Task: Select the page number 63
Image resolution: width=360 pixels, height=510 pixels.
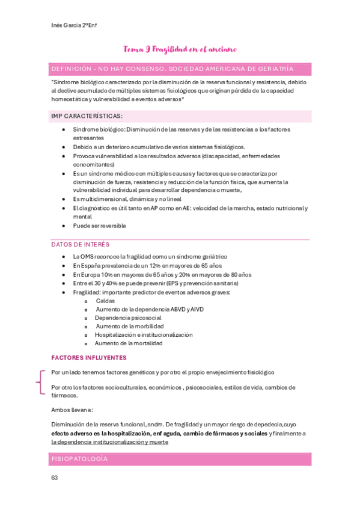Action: click(x=55, y=478)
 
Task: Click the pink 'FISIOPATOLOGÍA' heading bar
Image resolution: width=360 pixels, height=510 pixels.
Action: click(x=180, y=459)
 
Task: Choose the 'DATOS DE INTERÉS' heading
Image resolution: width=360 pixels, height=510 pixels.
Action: click(x=81, y=244)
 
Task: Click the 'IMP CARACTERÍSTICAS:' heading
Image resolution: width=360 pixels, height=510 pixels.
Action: click(x=87, y=115)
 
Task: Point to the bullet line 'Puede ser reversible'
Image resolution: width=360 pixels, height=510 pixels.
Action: click(x=99, y=226)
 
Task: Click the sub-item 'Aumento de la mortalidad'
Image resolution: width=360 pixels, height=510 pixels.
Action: click(x=129, y=343)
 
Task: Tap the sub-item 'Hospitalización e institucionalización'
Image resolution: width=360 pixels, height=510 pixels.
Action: click(x=144, y=334)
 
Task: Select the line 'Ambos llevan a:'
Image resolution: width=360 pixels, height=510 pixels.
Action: click(x=72, y=410)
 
